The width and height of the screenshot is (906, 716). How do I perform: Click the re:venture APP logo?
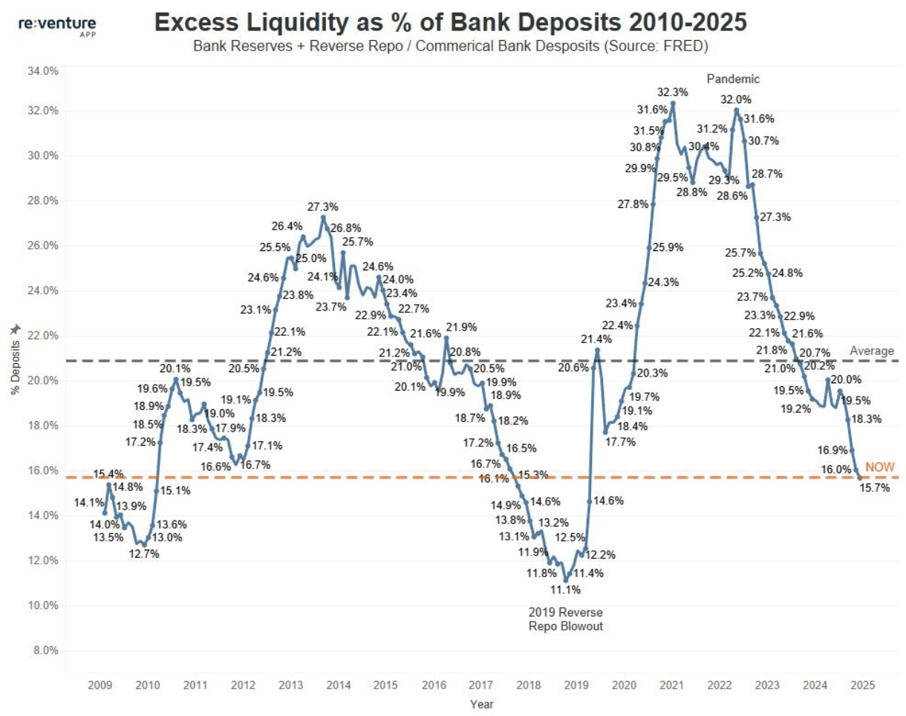56,27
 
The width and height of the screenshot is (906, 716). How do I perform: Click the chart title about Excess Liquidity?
450,24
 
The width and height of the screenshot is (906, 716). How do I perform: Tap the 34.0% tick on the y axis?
43,72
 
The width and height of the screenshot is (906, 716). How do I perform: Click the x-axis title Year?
481,703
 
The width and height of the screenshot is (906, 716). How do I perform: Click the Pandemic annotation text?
733,79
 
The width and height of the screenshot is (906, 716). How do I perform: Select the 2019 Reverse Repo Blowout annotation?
565,619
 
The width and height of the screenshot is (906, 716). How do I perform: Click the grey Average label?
871,351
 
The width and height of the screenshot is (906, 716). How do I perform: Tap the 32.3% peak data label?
672,92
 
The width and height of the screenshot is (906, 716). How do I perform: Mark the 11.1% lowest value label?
566,590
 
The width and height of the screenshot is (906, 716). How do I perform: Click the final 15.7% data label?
874,488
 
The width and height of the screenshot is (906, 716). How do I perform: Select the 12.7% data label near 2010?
143,554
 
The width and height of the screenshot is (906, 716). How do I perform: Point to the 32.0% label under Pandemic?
736,100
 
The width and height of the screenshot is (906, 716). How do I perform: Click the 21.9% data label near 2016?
461,327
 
